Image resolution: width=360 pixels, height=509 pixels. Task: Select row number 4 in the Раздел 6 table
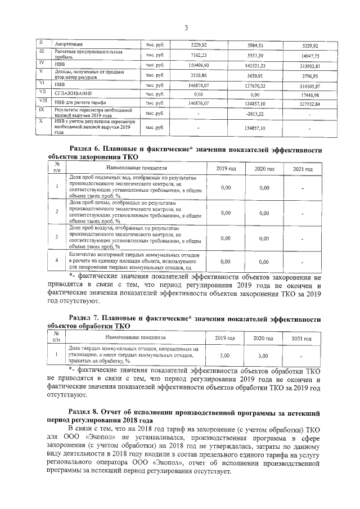pyautogui.click(x=57, y=261)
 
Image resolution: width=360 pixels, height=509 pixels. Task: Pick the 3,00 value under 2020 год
pyautogui.click(x=263, y=355)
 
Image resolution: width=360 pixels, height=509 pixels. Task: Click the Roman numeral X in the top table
pyautogui.click(x=41, y=121)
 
